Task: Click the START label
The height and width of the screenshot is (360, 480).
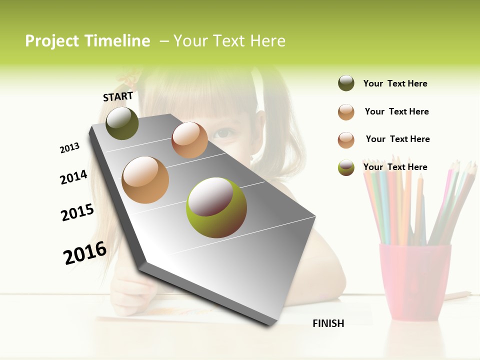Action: click(118, 96)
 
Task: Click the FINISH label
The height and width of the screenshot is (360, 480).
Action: click(328, 323)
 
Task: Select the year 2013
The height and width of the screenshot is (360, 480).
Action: click(69, 148)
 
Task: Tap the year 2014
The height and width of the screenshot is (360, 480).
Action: click(73, 177)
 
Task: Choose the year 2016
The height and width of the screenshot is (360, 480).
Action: click(85, 252)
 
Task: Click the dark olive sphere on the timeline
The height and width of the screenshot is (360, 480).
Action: click(122, 123)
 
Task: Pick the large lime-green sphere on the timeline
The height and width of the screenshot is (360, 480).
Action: click(216, 207)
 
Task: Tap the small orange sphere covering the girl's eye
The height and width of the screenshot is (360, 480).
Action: click(189, 139)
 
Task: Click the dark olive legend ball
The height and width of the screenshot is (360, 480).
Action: click(346, 83)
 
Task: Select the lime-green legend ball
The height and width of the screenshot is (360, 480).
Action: click(346, 167)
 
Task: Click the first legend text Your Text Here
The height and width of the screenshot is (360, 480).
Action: click(395, 83)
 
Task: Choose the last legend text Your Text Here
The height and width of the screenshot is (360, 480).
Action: click(395, 167)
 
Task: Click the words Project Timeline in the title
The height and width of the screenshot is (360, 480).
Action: click(87, 41)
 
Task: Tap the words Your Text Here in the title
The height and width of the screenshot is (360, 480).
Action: click(229, 41)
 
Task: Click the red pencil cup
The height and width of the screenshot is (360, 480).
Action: click(414, 280)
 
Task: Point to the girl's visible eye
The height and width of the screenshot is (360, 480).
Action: click(225, 133)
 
